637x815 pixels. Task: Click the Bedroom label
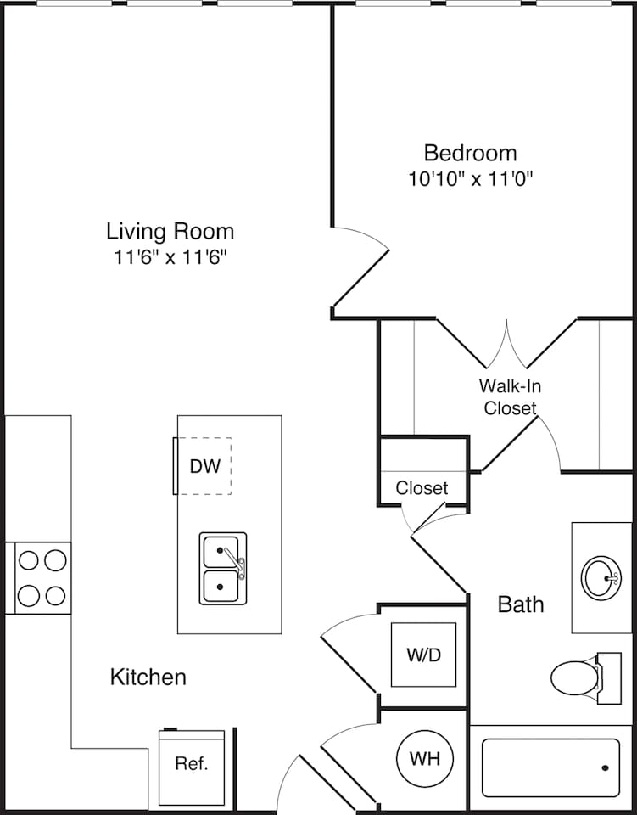(x=470, y=154)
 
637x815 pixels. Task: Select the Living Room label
(x=170, y=231)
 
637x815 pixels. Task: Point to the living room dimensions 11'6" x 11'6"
(x=170, y=256)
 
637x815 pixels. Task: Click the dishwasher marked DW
(x=204, y=465)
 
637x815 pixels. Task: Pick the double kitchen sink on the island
(x=222, y=568)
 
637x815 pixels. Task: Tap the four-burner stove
(x=42, y=577)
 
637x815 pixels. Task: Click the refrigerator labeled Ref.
(x=192, y=763)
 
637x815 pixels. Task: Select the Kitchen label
(x=148, y=677)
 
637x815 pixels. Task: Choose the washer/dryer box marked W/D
(x=423, y=655)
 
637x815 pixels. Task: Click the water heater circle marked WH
(x=424, y=758)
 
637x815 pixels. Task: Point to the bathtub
(x=550, y=767)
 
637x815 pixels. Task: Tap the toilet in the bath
(x=575, y=677)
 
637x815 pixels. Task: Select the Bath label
(x=520, y=604)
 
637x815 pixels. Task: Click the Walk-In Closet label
(x=510, y=396)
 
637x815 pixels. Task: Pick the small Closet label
(x=422, y=488)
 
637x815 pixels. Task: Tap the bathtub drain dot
(x=605, y=767)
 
